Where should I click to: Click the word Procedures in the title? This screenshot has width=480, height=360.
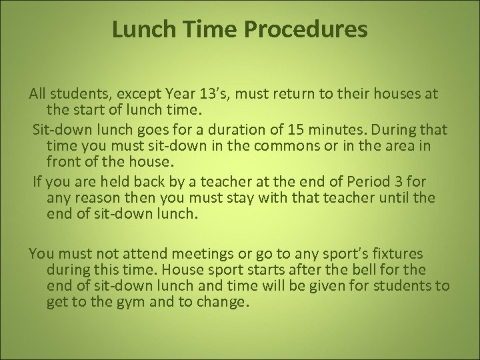pyautogui.click(x=309, y=30)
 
